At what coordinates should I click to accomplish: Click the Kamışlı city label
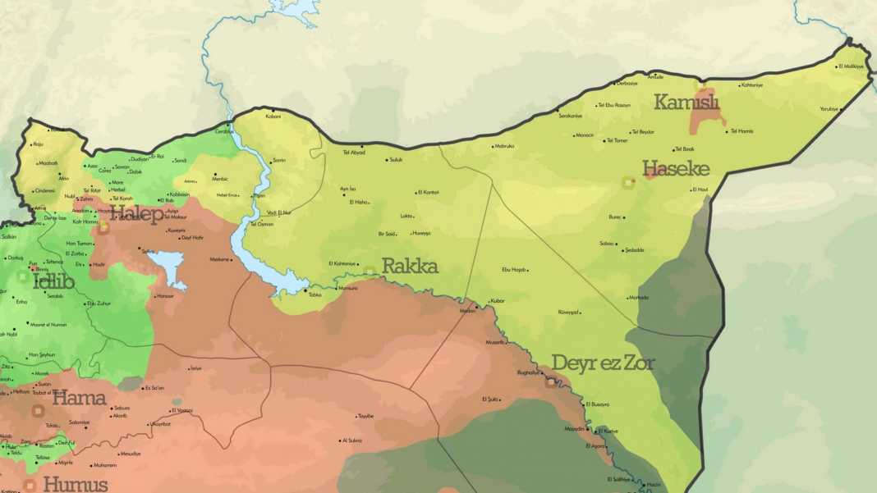click(686, 103)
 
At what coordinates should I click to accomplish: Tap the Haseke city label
click(676, 169)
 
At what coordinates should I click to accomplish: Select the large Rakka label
click(410, 267)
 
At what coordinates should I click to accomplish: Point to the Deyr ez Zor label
click(603, 363)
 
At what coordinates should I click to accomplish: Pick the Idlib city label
click(53, 282)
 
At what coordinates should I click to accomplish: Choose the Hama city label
click(79, 399)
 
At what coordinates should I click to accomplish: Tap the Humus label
click(75, 484)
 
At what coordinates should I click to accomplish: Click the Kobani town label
click(273, 116)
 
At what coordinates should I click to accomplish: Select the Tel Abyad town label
click(354, 153)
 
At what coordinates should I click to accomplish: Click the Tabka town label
click(315, 294)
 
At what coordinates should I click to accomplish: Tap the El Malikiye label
click(850, 66)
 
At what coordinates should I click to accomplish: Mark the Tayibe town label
click(365, 416)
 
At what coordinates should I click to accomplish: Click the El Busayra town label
click(598, 404)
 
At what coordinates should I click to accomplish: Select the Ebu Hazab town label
click(514, 269)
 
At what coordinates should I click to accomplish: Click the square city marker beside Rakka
click(370, 271)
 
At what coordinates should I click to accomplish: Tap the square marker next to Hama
click(38, 410)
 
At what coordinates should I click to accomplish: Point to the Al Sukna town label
click(352, 441)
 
